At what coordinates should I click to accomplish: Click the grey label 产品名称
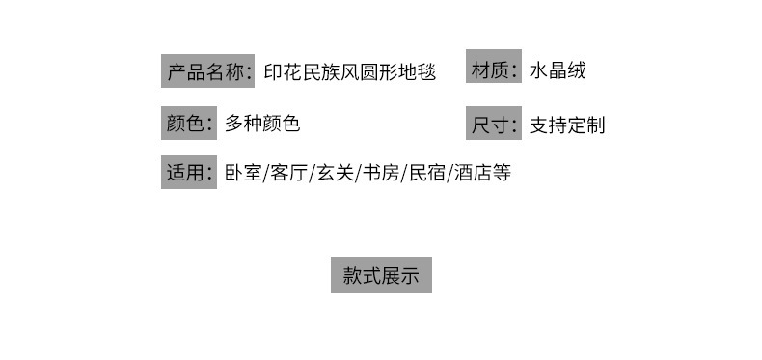click(x=207, y=72)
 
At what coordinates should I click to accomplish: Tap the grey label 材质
click(x=494, y=69)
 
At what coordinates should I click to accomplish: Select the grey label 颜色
click(x=188, y=124)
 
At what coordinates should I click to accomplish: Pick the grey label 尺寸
click(x=494, y=125)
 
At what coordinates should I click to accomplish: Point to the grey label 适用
click(x=188, y=174)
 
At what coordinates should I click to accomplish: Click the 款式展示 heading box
click(x=381, y=276)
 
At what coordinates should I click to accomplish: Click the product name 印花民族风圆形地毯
click(x=350, y=72)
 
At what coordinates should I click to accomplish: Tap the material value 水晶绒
click(x=558, y=70)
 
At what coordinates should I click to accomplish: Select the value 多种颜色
click(x=262, y=124)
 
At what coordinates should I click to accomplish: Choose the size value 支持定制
click(x=567, y=125)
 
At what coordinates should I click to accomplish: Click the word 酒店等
click(x=481, y=174)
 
